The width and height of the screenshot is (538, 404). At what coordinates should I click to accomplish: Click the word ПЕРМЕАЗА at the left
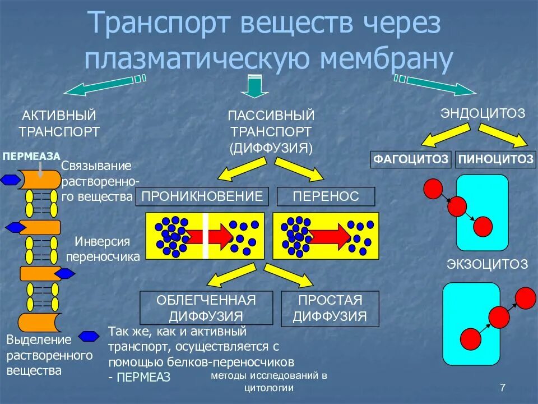(x=31, y=157)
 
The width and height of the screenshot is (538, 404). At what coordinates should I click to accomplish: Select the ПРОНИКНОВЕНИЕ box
(x=202, y=196)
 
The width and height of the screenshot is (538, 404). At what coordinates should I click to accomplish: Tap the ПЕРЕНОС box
(x=326, y=196)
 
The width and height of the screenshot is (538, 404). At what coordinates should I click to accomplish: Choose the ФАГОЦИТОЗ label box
(x=411, y=159)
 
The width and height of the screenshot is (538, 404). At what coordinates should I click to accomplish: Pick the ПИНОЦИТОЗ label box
(x=495, y=159)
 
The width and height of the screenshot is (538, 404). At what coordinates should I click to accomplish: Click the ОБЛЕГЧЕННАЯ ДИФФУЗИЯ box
(x=206, y=307)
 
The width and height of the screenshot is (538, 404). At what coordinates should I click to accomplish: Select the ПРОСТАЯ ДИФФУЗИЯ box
(x=330, y=307)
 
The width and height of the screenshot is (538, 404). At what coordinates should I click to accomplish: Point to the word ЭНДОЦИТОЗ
(x=483, y=113)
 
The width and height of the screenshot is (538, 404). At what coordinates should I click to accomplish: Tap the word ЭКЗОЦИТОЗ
(x=487, y=264)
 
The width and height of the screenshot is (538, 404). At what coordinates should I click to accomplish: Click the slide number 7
(x=502, y=387)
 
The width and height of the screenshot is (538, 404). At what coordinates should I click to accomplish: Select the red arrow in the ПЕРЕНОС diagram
(x=328, y=236)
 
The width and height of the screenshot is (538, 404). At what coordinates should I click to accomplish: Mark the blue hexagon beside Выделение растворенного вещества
(x=89, y=336)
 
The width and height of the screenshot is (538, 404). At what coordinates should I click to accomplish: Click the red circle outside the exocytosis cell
(x=525, y=297)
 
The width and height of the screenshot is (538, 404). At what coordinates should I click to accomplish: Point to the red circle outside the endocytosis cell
(x=433, y=189)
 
